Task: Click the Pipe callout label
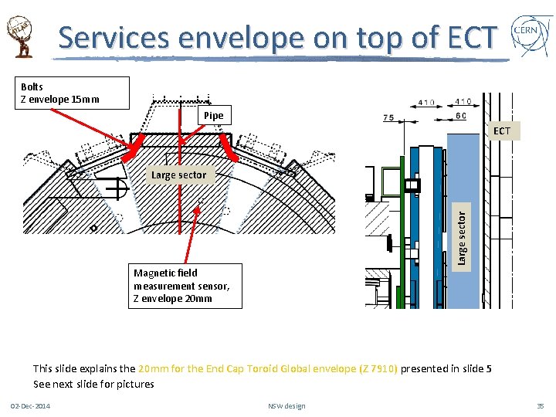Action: (214, 116)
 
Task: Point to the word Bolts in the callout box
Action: (32, 86)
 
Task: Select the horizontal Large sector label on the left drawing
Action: (178, 175)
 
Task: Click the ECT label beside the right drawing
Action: (502, 131)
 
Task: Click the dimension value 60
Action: (460, 117)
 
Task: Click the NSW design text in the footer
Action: (286, 406)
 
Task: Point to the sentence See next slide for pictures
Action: (93, 384)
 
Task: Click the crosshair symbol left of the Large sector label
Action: (119, 188)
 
